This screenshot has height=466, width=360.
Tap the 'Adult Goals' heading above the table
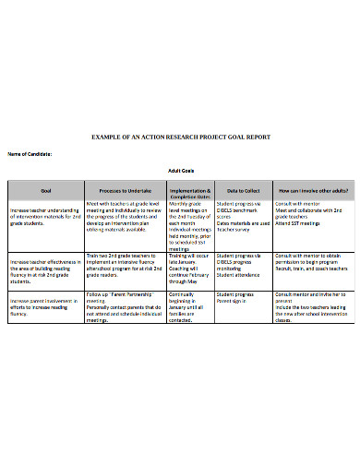click(180, 171)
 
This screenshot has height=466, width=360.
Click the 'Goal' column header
click(46, 190)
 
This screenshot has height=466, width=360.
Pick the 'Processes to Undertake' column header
click(125, 190)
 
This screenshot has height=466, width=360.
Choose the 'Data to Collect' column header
click(241, 190)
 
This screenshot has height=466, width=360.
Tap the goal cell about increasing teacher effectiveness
click(46, 269)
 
